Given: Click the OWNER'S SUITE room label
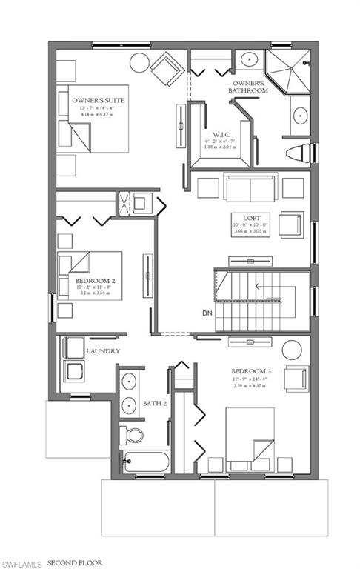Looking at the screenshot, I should (x=98, y=99).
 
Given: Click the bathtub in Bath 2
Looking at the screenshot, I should (x=147, y=462).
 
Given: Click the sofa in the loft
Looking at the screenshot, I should (x=241, y=188).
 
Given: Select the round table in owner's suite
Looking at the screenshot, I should (x=139, y=63).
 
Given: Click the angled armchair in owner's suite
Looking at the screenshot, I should (x=165, y=70).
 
